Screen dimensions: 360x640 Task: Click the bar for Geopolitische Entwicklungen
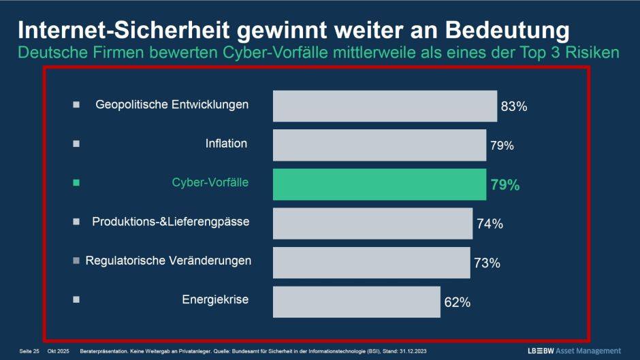[x=385, y=105]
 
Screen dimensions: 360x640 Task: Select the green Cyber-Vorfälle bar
[x=379, y=184]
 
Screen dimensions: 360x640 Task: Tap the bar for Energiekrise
[x=356, y=301]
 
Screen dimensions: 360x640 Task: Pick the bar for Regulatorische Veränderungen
[x=371, y=262]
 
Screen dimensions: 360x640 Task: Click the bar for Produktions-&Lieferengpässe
[x=372, y=223]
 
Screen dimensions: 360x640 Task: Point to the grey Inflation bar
[x=379, y=145]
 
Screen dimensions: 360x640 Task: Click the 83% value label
[x=514, y=107]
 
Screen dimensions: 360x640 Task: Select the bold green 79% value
[x=505, y=184]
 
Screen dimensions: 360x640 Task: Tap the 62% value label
[x=457, y=302]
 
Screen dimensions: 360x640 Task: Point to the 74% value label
[x=490, y=224]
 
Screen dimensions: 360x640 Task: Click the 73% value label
[x=487, y=263]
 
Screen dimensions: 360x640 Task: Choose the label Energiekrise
[x=215, y=299]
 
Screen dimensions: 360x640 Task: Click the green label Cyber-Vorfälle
[x=210, y=182]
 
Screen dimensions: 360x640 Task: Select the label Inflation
[x=226, y=144]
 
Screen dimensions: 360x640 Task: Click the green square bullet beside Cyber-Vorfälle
[x=76, y=183]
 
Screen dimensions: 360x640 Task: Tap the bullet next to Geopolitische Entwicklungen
[x=76, y=105]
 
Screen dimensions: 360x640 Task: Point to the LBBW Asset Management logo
[x=574, y=350]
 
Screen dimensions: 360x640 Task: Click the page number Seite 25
[x=29, y=351]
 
